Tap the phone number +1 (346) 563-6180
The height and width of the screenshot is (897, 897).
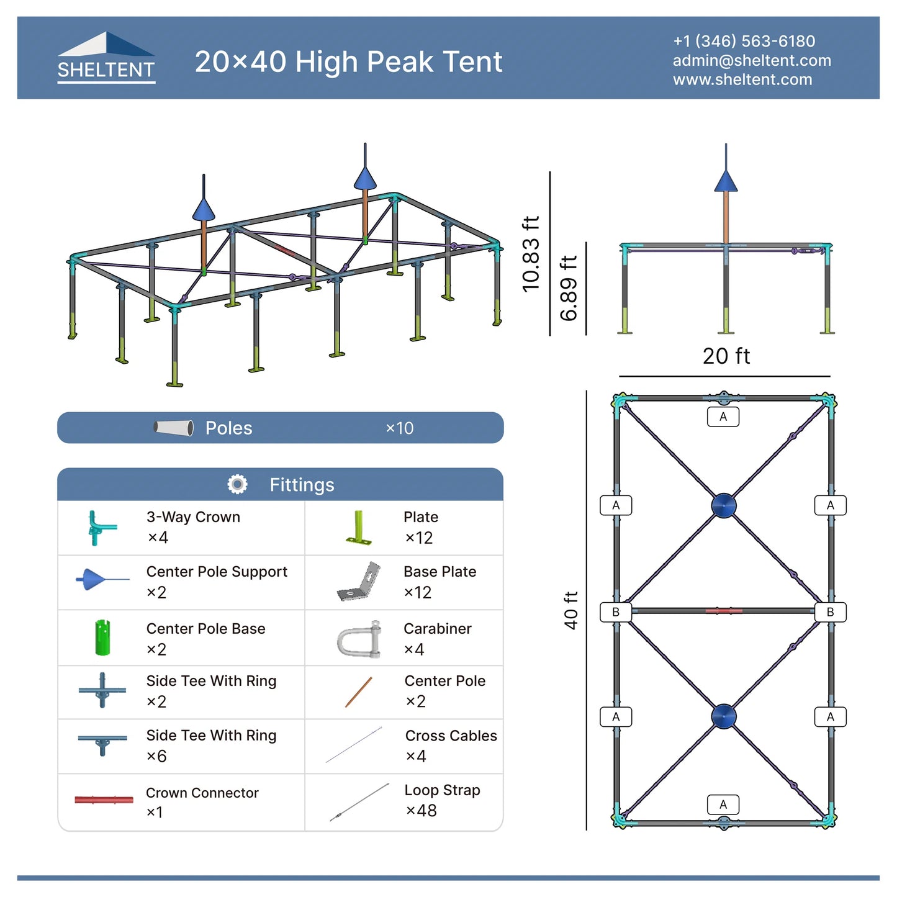point(744,41)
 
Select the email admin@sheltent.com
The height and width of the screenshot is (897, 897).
point(752,60)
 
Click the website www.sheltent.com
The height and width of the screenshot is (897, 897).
point(742,79)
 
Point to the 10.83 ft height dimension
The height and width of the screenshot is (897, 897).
point(531,254)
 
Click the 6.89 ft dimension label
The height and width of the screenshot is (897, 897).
point(569,288)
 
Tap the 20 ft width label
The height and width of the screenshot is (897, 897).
point(726,356)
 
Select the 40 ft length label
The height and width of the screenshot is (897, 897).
point(570,610)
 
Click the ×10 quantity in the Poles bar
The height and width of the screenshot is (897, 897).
point(399,428)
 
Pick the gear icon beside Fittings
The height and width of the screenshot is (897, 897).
point(237,484)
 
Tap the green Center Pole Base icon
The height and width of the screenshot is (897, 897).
point(102,638)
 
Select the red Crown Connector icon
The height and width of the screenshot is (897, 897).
point(104,800)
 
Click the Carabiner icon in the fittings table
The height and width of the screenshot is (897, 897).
point(359,639)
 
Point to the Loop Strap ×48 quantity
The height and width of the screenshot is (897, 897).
point(421,811)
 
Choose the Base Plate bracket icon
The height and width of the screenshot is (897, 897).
point(358,582)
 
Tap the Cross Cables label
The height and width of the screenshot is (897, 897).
point(451,736)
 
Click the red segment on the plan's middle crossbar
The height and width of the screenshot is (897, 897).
point(723,610)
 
